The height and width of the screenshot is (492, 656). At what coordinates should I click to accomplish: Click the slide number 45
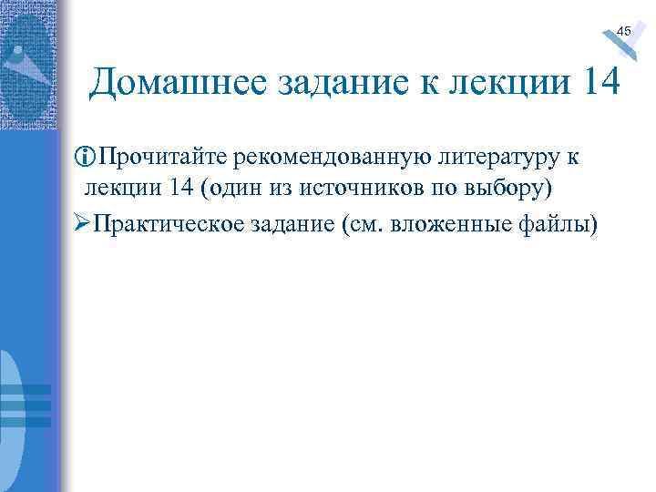[x=623, y=31]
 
